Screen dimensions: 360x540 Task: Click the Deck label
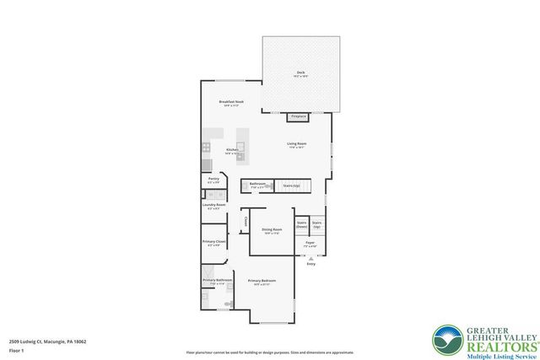coord(300,73)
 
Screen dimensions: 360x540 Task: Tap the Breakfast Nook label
coord(231,102)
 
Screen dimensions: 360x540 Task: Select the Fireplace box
coord(298,116)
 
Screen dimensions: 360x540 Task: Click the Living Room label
coord(295,144)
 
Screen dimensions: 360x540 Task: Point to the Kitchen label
coord(231,151)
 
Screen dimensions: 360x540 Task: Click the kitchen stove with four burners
coord(207,148)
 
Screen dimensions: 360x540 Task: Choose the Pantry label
coord(213,180)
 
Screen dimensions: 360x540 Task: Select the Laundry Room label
coord(213,205)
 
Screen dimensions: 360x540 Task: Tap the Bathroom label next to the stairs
coord(257,184)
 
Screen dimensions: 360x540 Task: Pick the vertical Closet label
coord(246,223)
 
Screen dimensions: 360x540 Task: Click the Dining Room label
coord(272,230)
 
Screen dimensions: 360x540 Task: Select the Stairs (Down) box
coord(301,225)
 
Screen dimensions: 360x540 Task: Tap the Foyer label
coord(310,244)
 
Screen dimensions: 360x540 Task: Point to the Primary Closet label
coord(214,243)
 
